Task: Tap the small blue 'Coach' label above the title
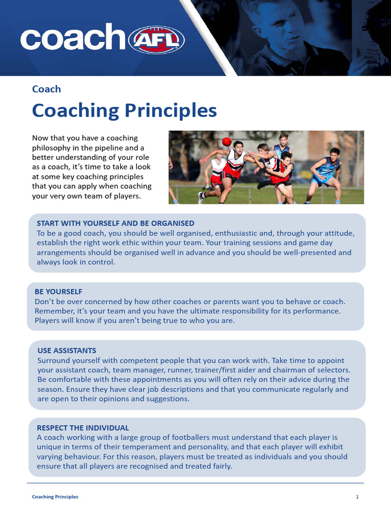point(46,89)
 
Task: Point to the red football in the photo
point(227,141)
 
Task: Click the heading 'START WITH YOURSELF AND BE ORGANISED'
point(116,223)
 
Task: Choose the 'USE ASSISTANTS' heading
point(67,351)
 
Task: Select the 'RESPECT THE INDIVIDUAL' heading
point(83,428)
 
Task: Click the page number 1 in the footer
point(357,497)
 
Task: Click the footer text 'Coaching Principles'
point(55,497)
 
